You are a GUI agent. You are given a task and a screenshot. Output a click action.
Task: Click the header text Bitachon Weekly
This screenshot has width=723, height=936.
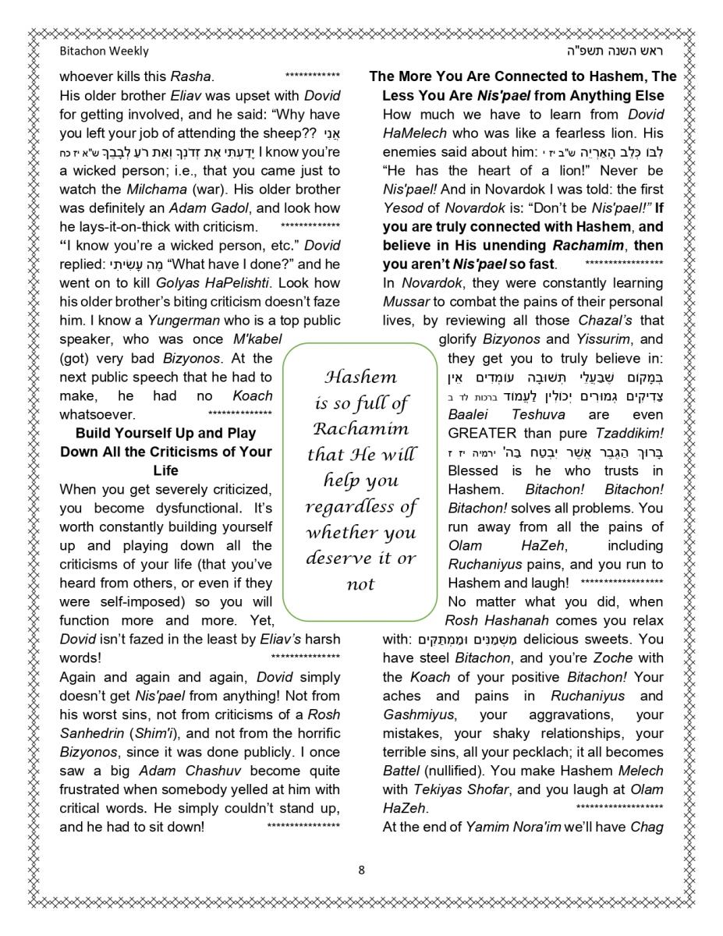tap(104, 51)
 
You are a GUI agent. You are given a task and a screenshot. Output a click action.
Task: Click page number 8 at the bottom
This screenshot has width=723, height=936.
tap(361, 870)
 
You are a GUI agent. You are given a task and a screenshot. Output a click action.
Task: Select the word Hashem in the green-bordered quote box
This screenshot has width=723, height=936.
tap(360, 378)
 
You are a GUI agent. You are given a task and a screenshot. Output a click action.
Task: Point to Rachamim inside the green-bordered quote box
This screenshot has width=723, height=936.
tap(360, 429)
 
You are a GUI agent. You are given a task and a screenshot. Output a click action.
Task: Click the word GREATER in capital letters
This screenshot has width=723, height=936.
tap(482, 434)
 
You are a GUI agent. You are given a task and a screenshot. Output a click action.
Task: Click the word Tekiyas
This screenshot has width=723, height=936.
tap(435, 789)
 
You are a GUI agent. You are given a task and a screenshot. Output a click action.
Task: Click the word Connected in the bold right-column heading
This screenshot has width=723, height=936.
tap(537, 76)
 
